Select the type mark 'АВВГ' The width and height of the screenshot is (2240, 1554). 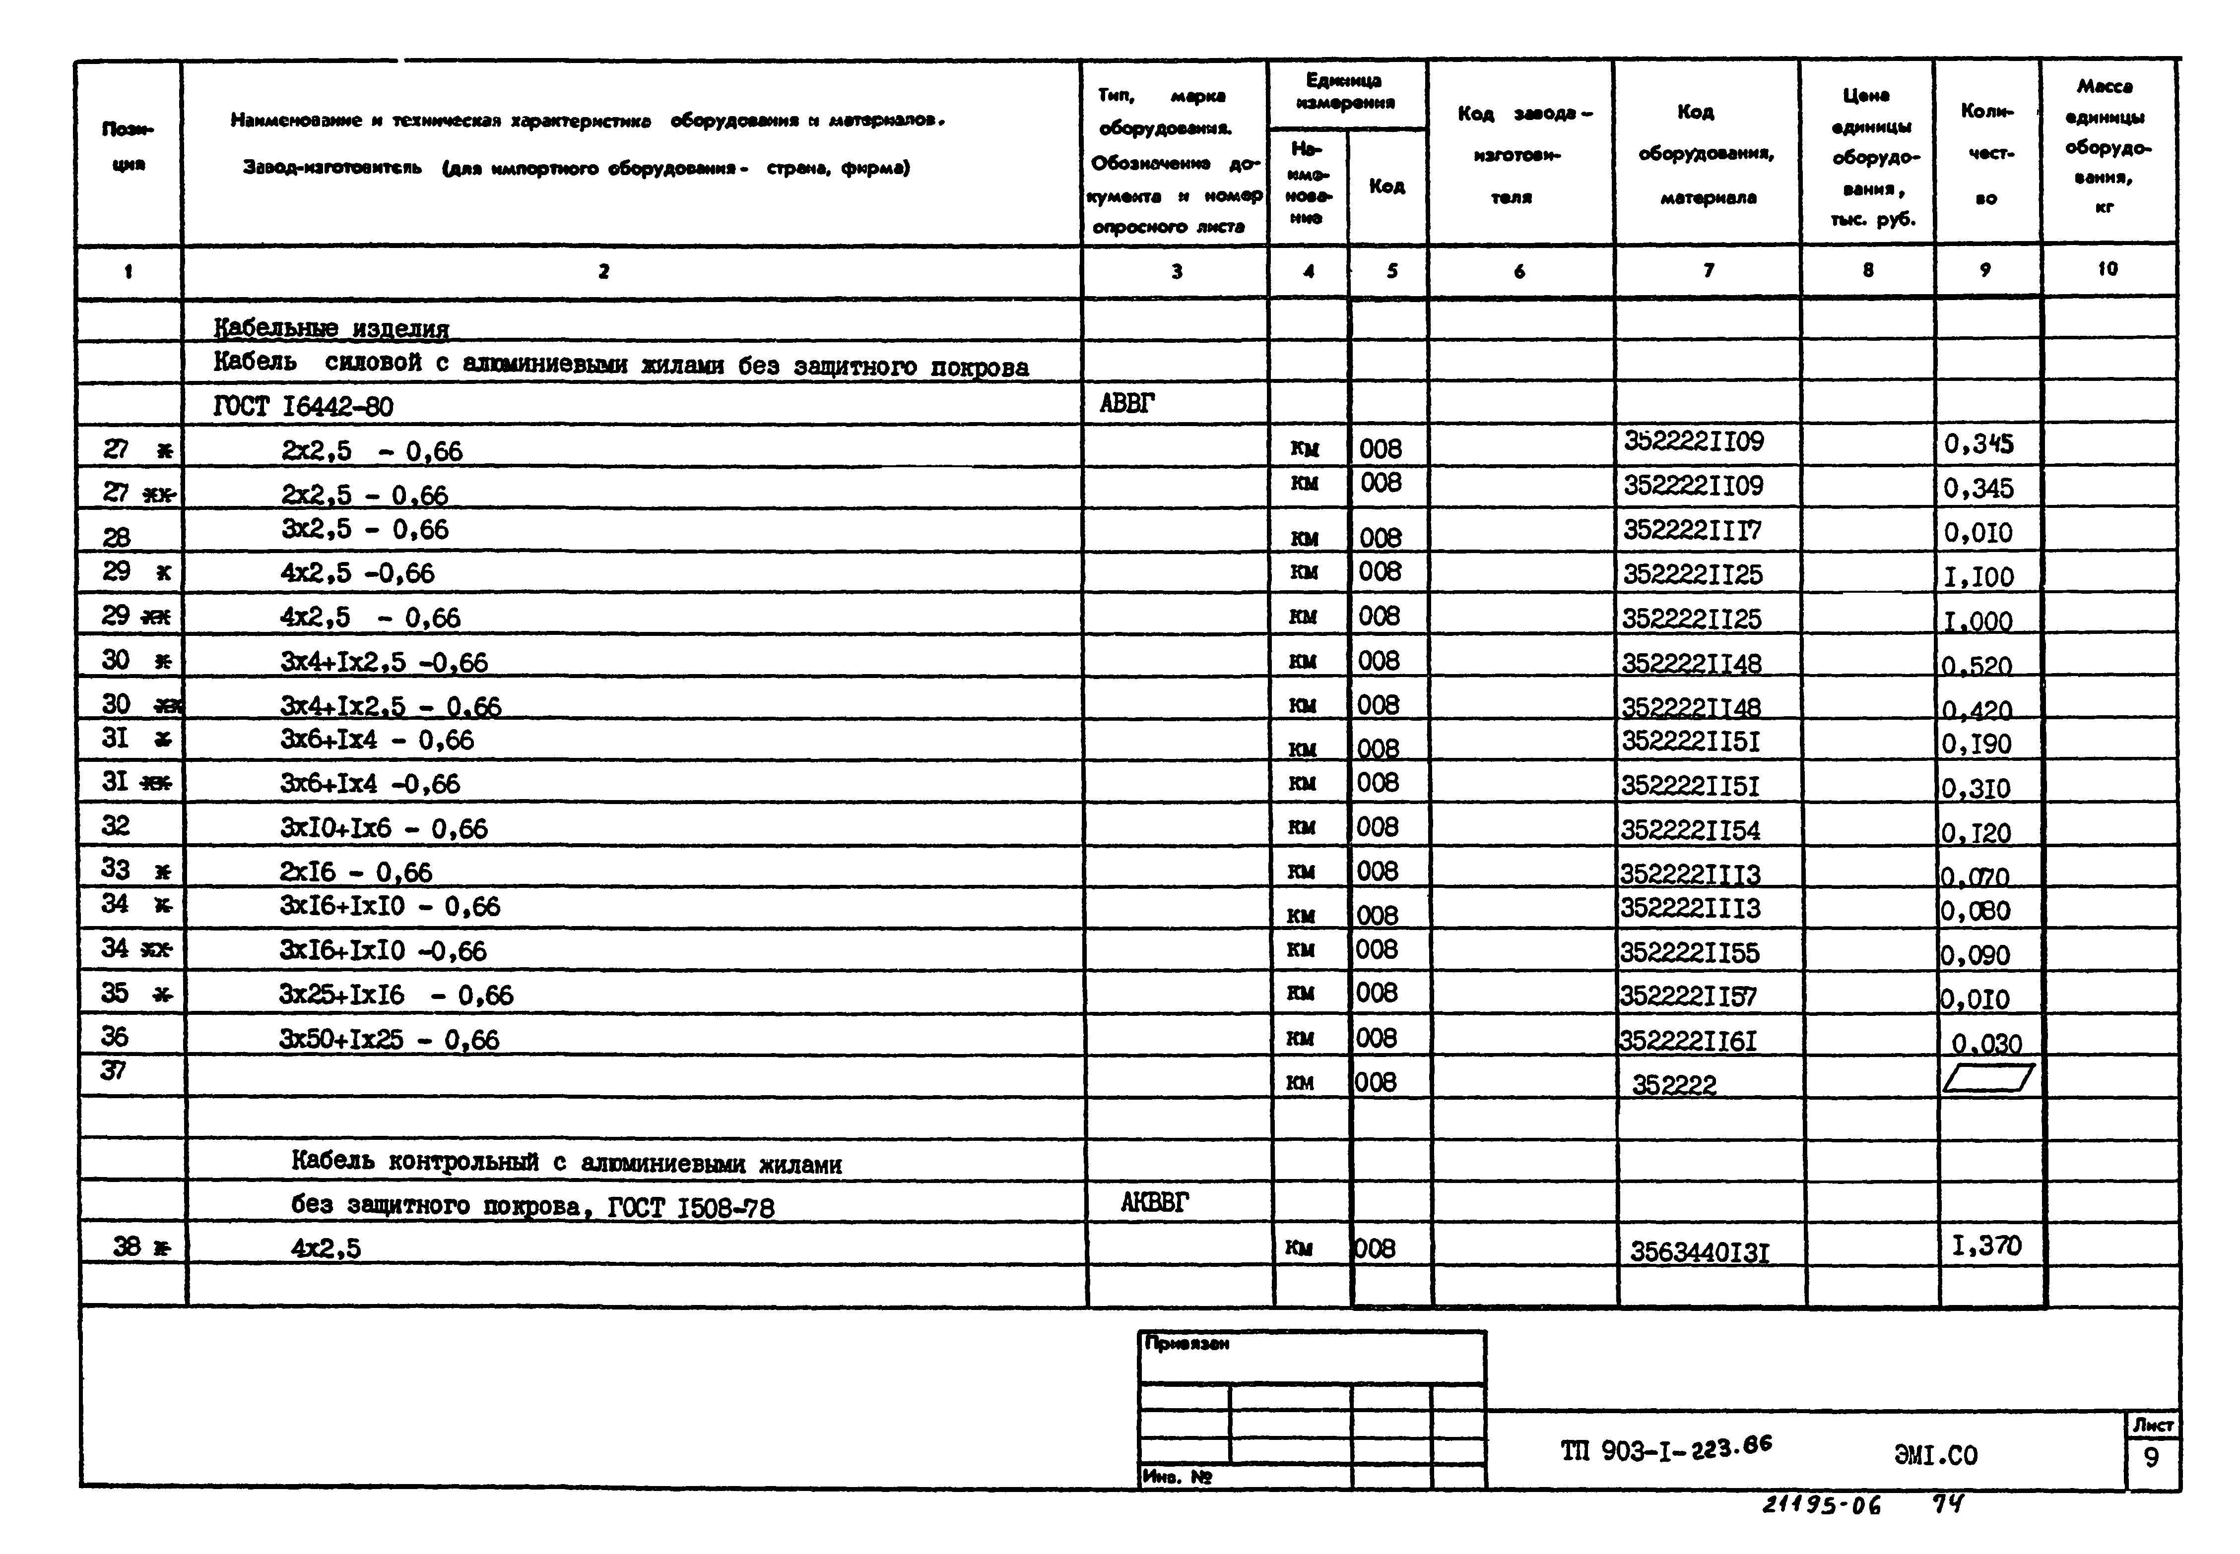pyautogui.click(x=1127, y=403)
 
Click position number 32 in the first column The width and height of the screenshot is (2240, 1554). pyautogui.click(x=115, y=826)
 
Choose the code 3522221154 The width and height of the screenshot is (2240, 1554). pyautogui.click(x=1690, y=830)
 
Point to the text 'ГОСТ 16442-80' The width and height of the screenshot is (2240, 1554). pyautogui.click(x=303, y=406)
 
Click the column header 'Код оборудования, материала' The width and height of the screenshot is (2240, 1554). pyautogui.click(x=1706, y=154)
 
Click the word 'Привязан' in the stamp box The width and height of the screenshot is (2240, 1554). pyautogui.click(x=1186, y=1344)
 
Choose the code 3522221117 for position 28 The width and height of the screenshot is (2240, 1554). pyautogui.click(x=1692, y=531)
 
